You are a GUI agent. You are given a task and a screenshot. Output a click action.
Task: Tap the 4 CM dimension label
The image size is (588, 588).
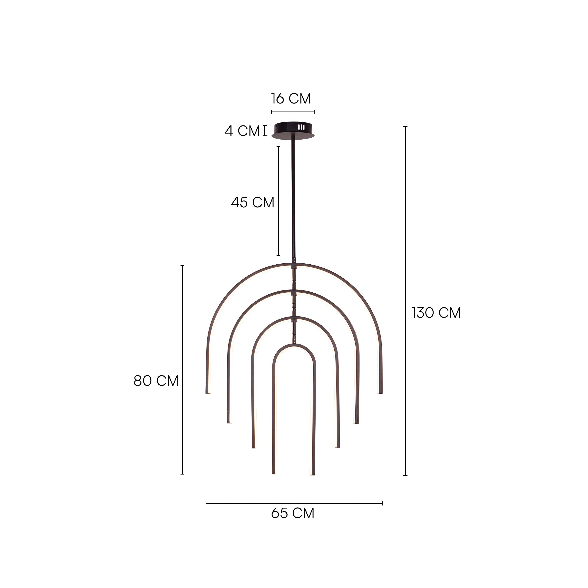point(242,131)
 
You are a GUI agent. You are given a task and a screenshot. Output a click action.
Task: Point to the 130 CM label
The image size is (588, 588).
point(436,313)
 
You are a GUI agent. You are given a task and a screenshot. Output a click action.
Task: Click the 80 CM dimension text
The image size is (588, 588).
point(156,381)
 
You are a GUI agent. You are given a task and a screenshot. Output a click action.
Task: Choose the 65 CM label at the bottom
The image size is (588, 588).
point(292,513)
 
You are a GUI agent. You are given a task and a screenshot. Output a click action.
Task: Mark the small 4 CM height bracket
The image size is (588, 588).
point(265,131)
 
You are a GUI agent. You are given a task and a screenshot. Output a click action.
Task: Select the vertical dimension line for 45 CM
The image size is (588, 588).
point(278,201)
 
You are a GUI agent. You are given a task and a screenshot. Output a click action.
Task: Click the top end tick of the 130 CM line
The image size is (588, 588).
point(405,126)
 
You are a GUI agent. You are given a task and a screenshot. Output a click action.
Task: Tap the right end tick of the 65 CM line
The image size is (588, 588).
point(382,503)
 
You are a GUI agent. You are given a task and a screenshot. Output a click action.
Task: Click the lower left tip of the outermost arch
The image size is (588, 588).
point(208,392)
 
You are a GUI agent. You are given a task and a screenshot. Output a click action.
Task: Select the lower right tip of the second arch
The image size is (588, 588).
point(356,422)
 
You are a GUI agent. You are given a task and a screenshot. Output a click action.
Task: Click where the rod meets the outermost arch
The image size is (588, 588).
point(294,265)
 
